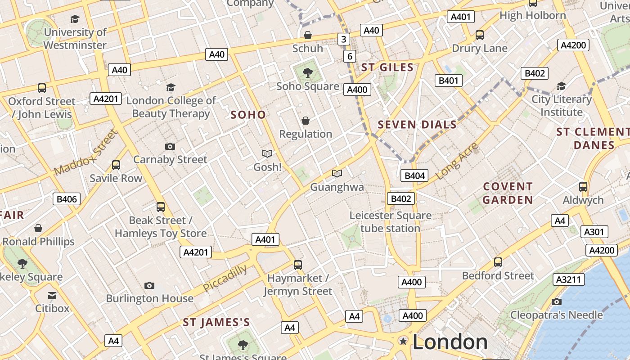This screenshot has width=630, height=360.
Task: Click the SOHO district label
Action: [248, 115]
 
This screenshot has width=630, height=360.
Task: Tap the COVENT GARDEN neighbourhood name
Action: [508, 193]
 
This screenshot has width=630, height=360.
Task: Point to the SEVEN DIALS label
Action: [417, 125]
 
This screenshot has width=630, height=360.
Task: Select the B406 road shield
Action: [67, 199]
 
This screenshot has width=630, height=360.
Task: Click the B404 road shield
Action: [414, 175]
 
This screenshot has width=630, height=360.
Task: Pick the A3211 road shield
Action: [568, 279]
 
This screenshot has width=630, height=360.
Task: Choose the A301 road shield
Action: [594, 232]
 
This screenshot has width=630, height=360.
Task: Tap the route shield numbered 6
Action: [350, 56]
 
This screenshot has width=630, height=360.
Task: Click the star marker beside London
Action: [403, 341]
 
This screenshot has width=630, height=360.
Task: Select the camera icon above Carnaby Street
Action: [170, 146]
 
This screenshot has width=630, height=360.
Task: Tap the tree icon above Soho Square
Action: [308, 72]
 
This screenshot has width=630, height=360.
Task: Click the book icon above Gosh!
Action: [267, 153]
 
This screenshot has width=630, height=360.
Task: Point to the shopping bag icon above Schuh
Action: [308, 35]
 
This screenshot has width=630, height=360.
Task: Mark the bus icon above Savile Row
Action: [116, 165]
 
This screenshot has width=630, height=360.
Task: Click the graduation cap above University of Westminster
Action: [75, 19]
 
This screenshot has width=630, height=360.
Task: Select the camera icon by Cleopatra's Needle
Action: [557, 301]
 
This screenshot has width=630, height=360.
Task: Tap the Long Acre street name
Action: [457, 161]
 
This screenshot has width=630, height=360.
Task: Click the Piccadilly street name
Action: [225, 278]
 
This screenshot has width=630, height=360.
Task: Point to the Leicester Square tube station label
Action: [390, 222]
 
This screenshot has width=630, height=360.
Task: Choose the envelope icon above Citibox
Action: [52, 295]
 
